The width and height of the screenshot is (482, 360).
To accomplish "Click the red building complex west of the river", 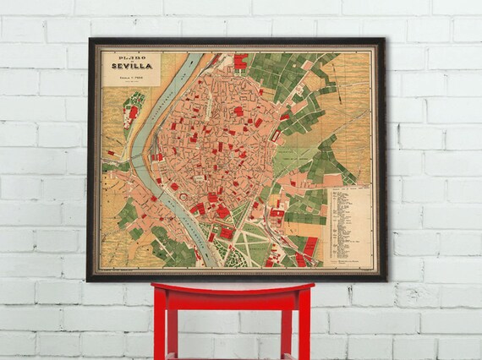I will pyautogui.click(x=132, y=112).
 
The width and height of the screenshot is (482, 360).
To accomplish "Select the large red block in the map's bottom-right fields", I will pyautogui.click(x=310, y=247).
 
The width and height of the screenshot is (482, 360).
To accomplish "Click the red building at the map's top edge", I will pyautogui.click(x=241, y=61).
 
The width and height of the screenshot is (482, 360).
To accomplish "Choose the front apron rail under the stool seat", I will pyautogui.click(x=232, y=303).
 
